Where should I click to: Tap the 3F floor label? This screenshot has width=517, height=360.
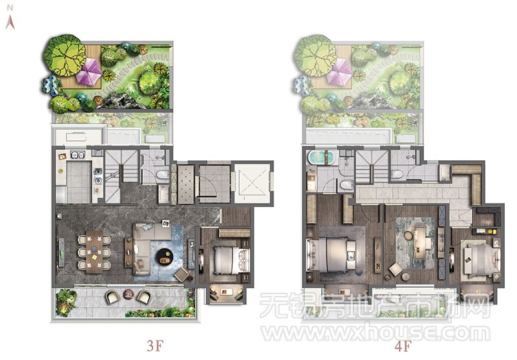coord(155,346)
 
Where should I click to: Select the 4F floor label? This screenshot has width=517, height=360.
coord(403,346)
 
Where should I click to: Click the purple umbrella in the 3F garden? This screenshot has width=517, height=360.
coord(89,71)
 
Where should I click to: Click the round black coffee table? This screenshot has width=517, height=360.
coord(165,257)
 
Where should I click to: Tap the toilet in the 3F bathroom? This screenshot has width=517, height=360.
coord(163,175)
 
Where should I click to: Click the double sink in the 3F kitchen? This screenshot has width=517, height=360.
coord(78,154)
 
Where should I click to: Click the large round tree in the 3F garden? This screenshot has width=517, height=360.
coord(63,55)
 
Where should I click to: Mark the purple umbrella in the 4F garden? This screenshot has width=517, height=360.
coord(340,72)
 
